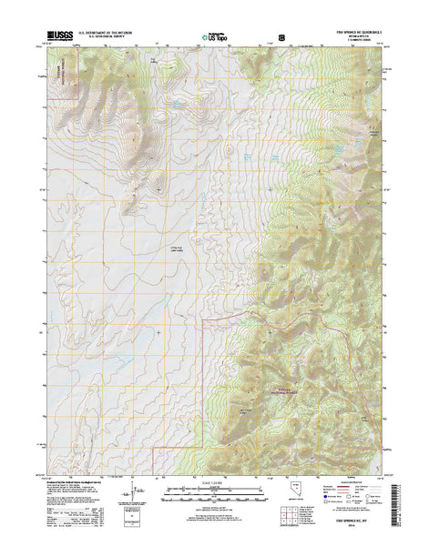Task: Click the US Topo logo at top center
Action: pos(216,38)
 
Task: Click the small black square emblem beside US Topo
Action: pos(281,39)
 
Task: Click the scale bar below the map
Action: pos(215,497)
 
